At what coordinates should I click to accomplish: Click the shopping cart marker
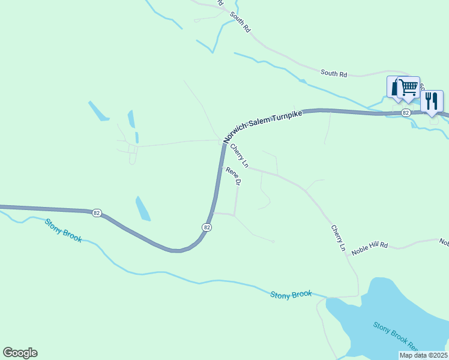pos(409,88)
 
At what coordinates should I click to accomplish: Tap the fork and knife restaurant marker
pos(432,101)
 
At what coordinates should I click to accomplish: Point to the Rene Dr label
pos(233,176)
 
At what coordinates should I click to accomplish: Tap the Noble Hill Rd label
pos(370,248)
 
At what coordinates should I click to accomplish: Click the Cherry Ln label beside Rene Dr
pos(239,155)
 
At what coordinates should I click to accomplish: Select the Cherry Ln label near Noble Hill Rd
pos(339,238)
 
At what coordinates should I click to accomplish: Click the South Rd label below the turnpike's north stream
pos(334,73)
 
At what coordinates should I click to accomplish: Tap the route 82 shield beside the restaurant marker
pos(406,112)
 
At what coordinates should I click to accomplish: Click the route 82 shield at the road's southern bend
pos(206,227)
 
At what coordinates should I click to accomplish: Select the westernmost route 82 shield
pos(97,212)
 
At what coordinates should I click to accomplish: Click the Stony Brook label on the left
pos(62,230)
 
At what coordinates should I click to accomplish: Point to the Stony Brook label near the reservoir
pos(291,295)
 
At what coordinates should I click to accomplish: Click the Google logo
pos(20,353)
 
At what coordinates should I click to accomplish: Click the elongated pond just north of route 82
pos(143,208)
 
